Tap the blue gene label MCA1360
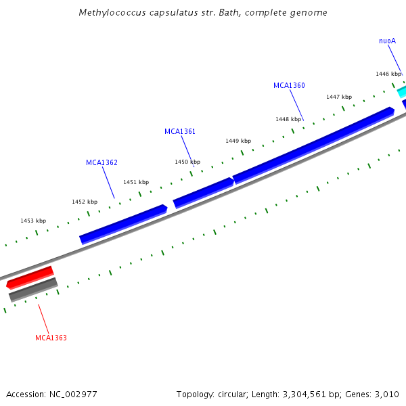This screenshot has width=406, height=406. click(x=289, y=86)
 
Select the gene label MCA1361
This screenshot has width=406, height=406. click(x=180, y=131)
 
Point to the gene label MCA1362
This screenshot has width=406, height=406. click(x=101, y=162)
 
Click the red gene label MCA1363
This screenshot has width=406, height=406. click(x=51, y=338)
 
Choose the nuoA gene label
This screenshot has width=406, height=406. click(x=387, y=41)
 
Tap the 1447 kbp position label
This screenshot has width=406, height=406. click(x=339, y=97)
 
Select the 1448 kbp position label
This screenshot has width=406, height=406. click(x=288, y=119)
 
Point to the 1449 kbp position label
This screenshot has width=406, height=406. click(x=238, y=141)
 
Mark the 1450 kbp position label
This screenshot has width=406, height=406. click(x=187, y=162)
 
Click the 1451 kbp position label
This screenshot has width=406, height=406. click(x=136, y=182)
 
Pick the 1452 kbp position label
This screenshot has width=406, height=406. click(x=85, y=202)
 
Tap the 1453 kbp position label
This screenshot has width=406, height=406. click(x=33, y=221)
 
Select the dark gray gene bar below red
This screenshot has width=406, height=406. click(x=33, y=290)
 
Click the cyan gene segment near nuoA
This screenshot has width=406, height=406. click(x=401, y=91)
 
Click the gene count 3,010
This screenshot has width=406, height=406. click(x=386, y=394)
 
